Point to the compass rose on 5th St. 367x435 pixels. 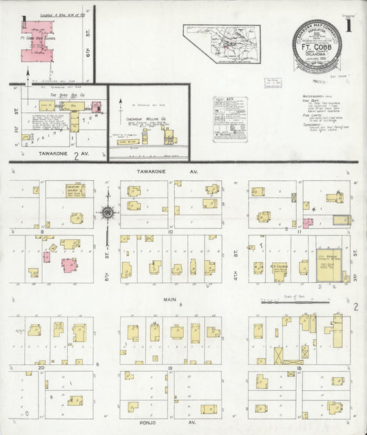pos(107,213)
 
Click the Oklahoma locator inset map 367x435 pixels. pos(221,43)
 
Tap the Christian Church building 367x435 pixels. pos(75,191)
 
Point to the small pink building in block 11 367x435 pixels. pos(307,223)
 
